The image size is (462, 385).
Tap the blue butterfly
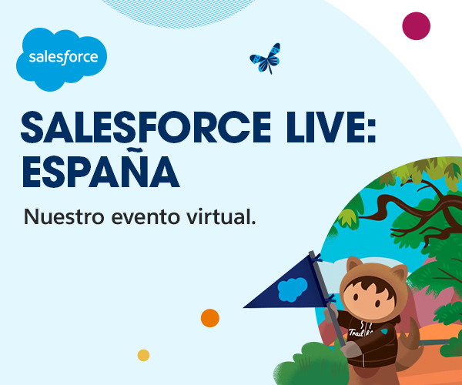coord(264,59)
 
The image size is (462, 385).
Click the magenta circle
coord(416,26)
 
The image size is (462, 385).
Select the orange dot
coord(209,317)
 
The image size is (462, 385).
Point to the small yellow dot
coord(143,355)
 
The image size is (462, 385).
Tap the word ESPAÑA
coord(99,171)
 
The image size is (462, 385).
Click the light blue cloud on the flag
coord(292,290)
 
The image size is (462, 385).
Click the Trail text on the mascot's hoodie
coord(357,333)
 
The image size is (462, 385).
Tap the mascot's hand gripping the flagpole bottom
coord(350,348)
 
